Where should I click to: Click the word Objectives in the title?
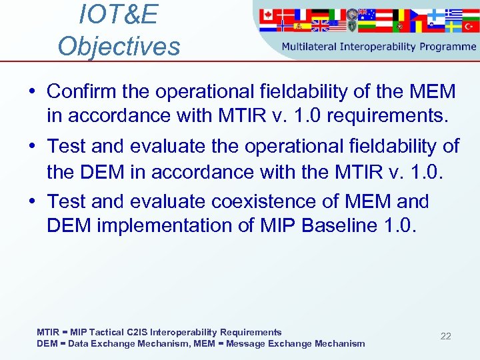point(119,46)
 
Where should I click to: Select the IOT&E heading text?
point(118,15)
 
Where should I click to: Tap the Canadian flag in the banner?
point(268,15)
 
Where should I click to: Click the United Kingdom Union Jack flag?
point(320,26)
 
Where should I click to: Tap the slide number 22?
point(445,336)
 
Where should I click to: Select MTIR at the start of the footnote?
point(47,332)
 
